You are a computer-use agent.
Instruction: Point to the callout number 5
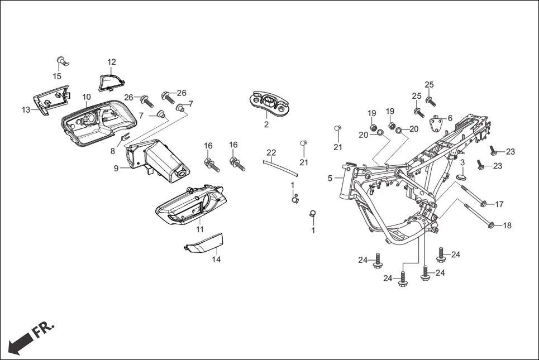coord(330,178)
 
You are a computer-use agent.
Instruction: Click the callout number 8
coord(112,151)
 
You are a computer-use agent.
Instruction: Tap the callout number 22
coord(271,152)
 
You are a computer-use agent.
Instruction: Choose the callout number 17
coord(499,204)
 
